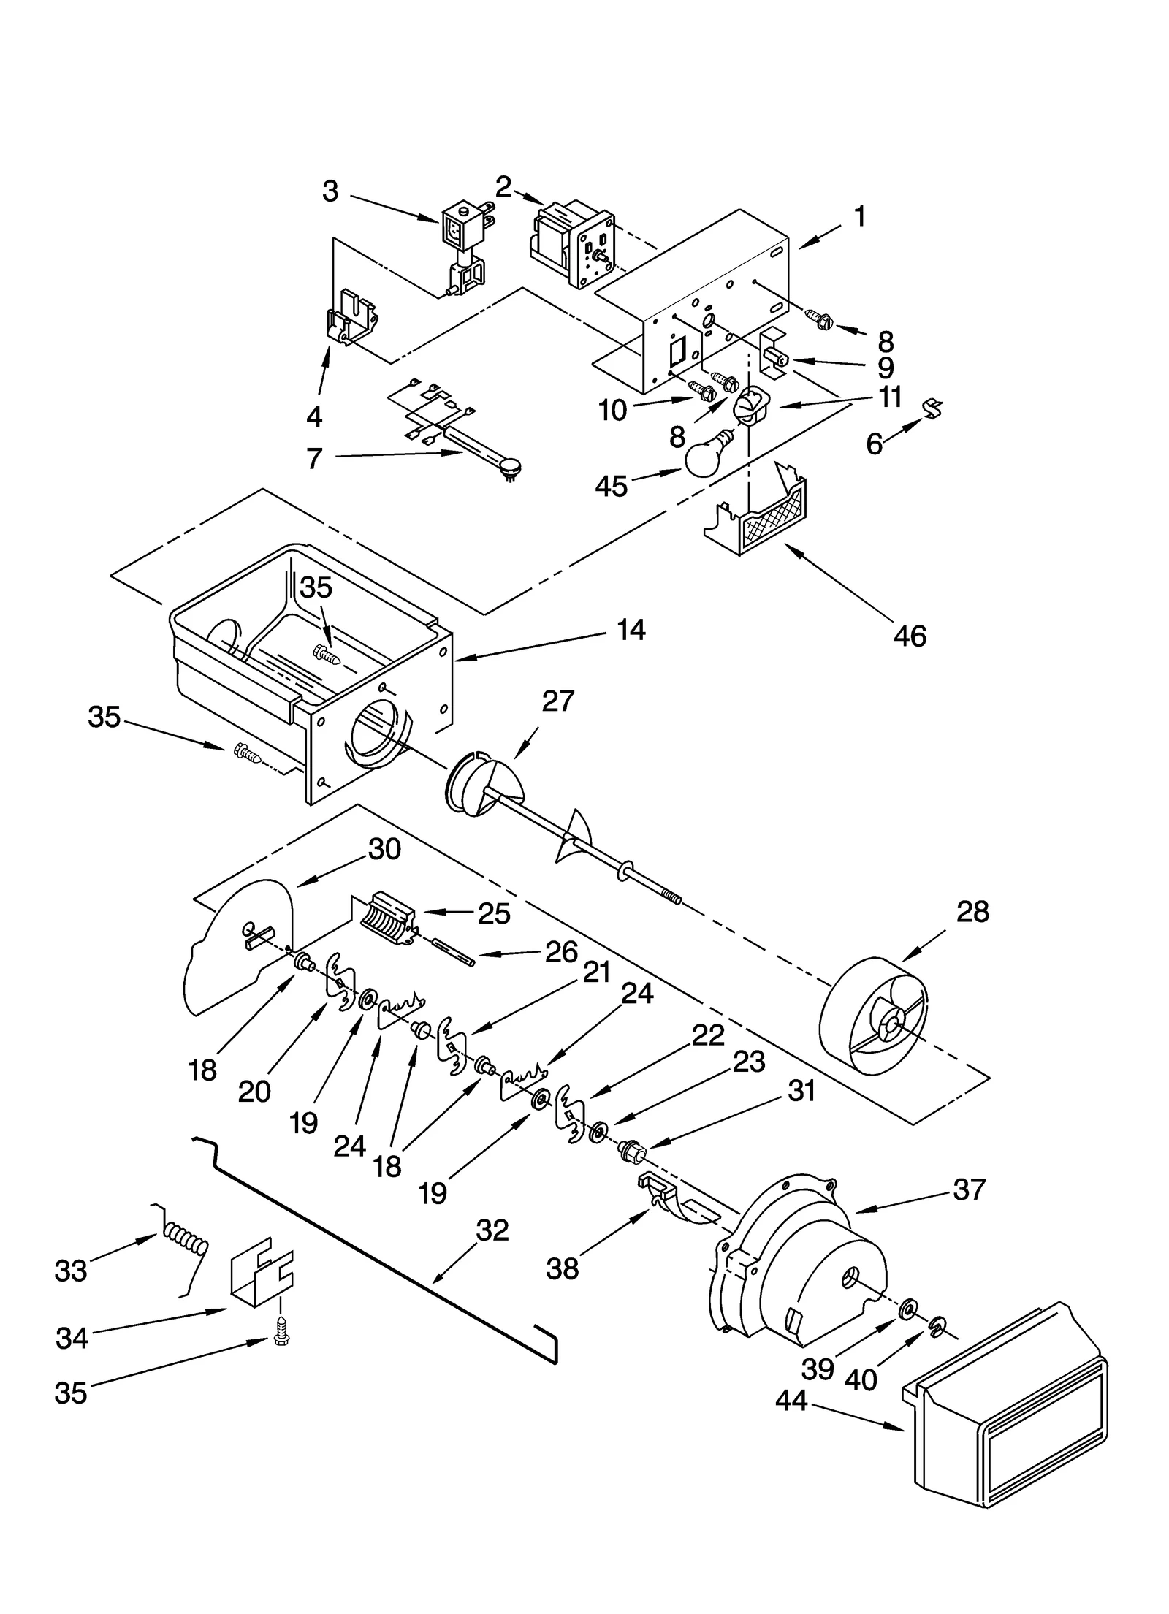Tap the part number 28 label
pos(972,912)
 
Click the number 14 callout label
pos(631,629)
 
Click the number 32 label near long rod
pos(492,1230)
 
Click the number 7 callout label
pos(314,459)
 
